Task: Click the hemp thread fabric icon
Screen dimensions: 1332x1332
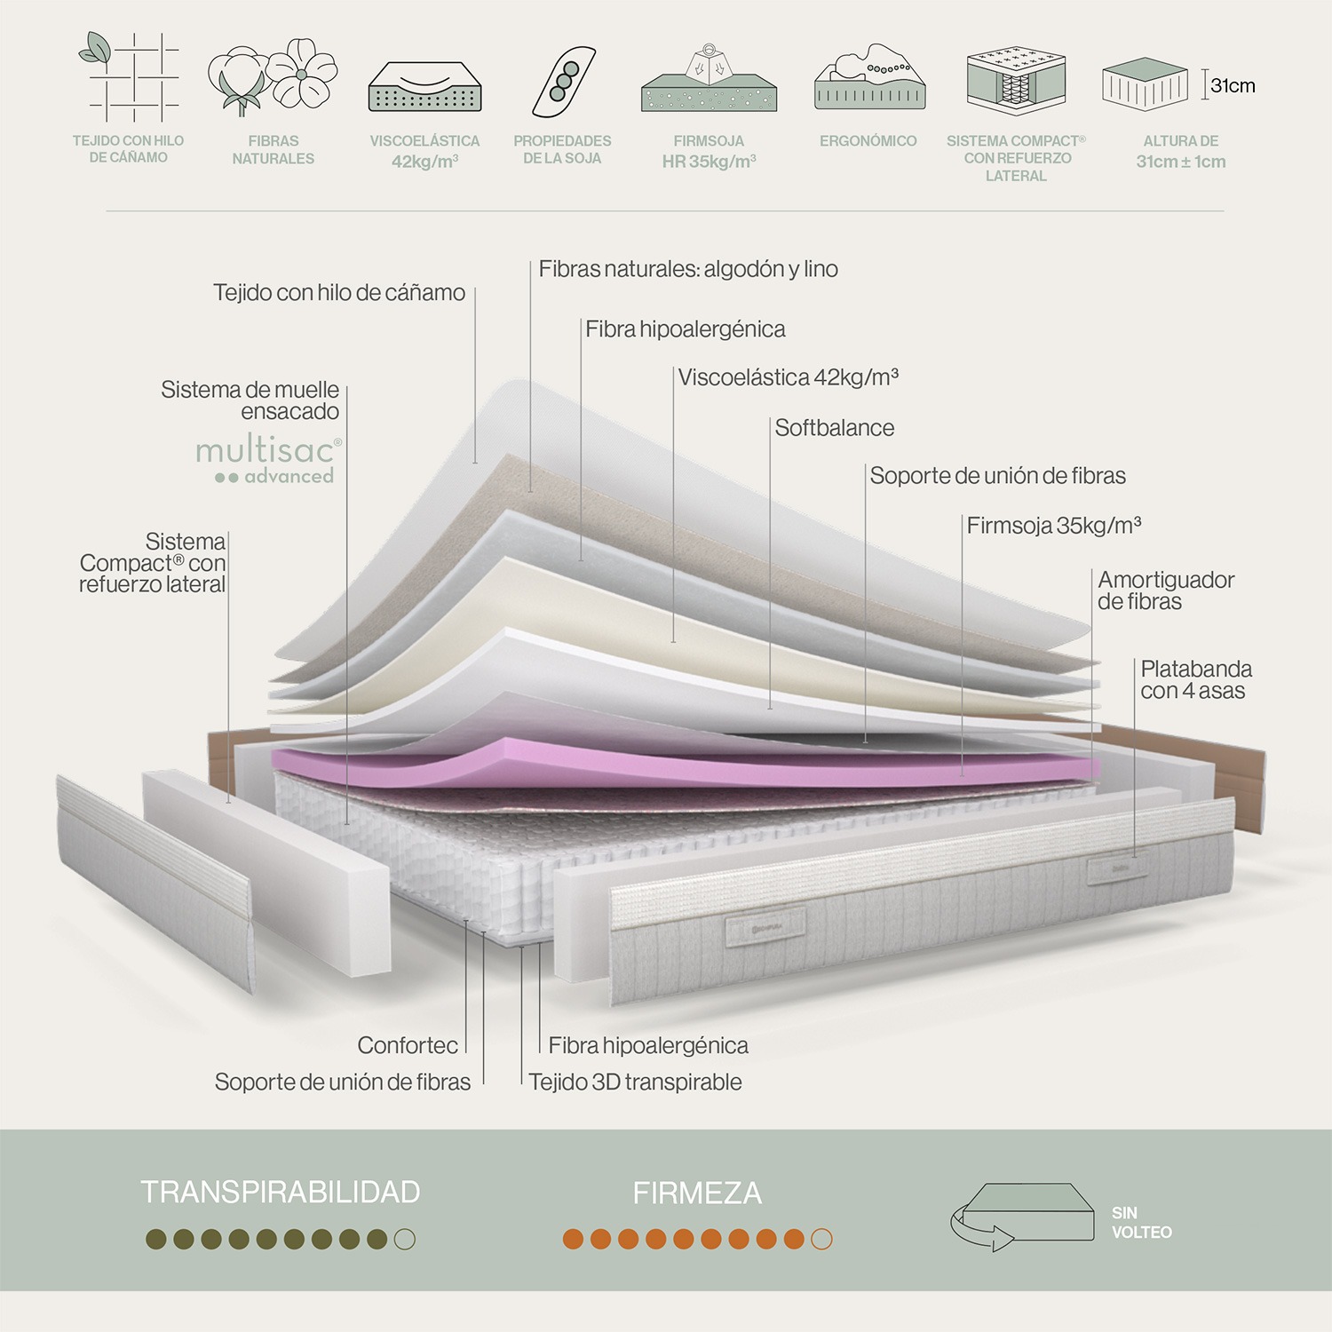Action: (130, 76)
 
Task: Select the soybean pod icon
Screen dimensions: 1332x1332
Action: (563, 81)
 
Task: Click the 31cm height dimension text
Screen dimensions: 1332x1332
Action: (1233, 86)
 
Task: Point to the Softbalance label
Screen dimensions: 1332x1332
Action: (834, 428)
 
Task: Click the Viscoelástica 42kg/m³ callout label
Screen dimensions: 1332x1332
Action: (788, 377)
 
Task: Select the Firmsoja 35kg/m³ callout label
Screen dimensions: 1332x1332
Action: (1053, 526)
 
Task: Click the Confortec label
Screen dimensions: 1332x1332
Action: (408, 1045)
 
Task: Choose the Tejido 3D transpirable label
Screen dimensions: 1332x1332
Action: (635, 1082)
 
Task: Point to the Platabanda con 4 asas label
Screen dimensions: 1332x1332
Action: (1195, 679)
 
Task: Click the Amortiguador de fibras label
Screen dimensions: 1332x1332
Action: (1165, 591)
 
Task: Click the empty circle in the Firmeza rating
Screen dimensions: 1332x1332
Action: (821, 1239)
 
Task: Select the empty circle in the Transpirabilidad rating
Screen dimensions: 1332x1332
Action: (404, 1239)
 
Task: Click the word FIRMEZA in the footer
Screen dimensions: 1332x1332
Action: (697, 1193)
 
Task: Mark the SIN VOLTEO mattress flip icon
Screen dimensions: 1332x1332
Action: (1021, 1215)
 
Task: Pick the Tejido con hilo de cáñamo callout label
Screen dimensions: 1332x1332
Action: (338, 293)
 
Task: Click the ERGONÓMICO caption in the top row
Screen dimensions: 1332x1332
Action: (868, 141)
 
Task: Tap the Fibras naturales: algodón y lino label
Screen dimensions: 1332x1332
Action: (688, 269)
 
